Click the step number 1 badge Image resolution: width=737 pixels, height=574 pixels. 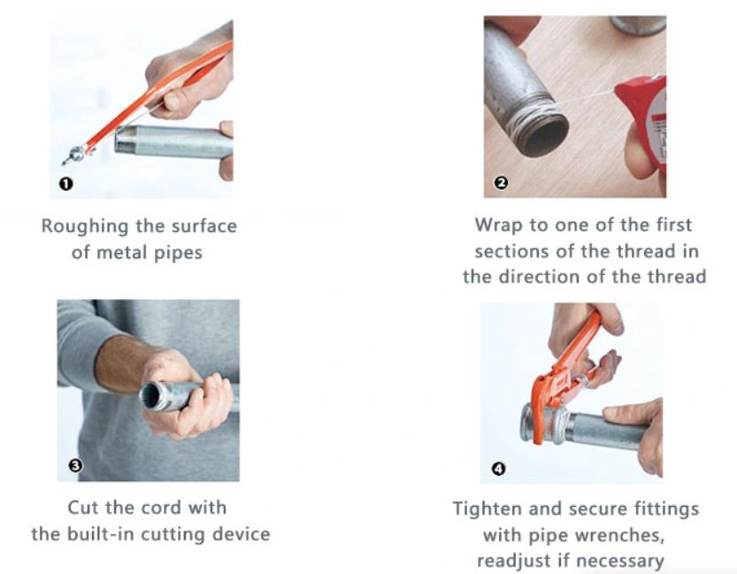(66, 184)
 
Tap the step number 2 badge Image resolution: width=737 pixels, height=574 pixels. (501, 183)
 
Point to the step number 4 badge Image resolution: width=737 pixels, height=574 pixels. (498, 469)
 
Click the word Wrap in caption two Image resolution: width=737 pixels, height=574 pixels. (495, 225)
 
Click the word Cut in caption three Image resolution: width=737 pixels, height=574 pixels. (84, 508)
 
